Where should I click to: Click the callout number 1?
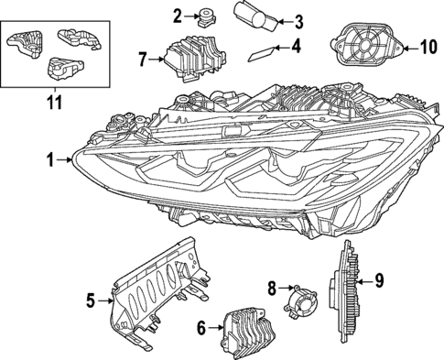click(50, 160)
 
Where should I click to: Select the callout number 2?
click(178, 16)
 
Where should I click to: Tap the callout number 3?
click(298, 22)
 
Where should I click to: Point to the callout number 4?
click(297, 47)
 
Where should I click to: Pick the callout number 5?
click(91, 300)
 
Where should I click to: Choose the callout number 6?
click(201, 328)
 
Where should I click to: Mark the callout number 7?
click(143, 60)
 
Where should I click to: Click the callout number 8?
click(272, 288)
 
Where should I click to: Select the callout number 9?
click(379, 281)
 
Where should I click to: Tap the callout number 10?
click(427, 48)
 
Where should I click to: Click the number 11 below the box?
click(54, 102)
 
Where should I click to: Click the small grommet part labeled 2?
click(207, 18)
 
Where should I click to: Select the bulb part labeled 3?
click(255, 16)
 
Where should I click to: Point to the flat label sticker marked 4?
click(261, 54)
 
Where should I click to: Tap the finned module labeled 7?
click(196, 59)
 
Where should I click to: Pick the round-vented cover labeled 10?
click(367, 45)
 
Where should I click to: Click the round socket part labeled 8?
click(300, 301)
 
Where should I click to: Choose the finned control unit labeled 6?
click(250, 333)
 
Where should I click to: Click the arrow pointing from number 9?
click(363, 282)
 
